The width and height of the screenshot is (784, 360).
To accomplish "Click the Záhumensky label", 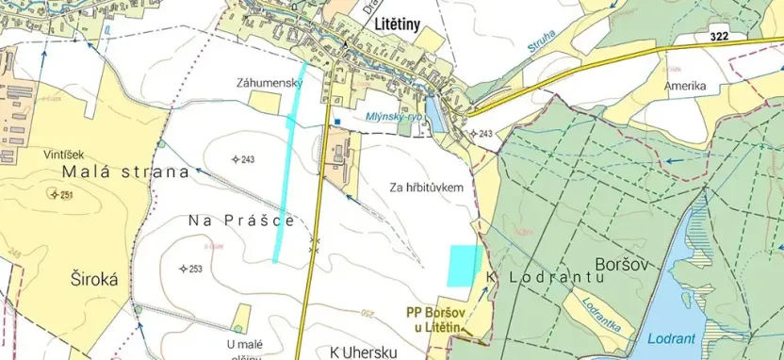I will click(x=269, y=83).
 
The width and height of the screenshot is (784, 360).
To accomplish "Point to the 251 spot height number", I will click(x=67, y=194).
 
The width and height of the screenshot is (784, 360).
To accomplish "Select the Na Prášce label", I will click(x=242, y=220).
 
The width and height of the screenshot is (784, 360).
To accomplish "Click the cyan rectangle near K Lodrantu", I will click(x=464, y=265).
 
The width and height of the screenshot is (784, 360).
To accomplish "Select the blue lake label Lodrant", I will click(x=672, y=337).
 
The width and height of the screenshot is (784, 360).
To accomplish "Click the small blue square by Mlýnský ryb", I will click(x=335, y=121).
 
